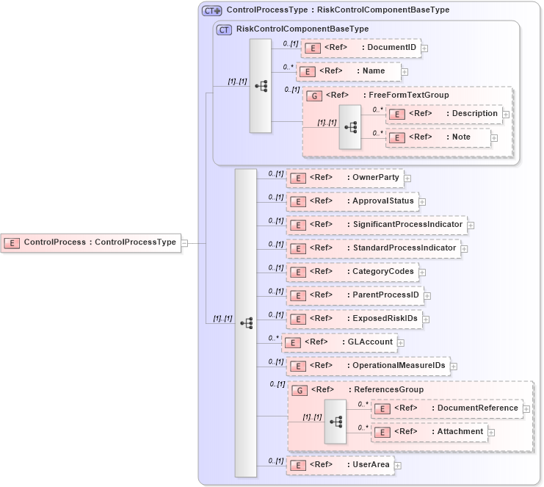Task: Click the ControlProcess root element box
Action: coord(91,242)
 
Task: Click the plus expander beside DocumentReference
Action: coord(526,408)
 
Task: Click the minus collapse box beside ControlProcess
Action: coord(185,242)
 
